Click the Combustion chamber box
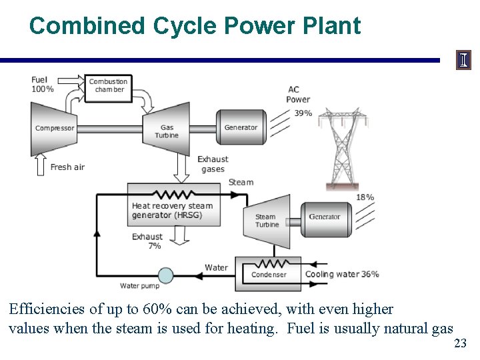pyautogui.click(x=109, y=86)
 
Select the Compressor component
pyautogui.click(x=53, y=128)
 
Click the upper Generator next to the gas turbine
pyautogui.click(x=241, y=127)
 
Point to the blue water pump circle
pyautogui.click(x=165, y=275)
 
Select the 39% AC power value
pyautogui.click(x=303, y=113)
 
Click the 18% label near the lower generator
pyautogui.click(x=365, y=197)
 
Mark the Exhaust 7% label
pyautogui.click(x=147, y=241)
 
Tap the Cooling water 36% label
pyautogui.click(x=342, y=274)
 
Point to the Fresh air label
pyautogui.click(x=67, y=167)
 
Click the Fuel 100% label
pyautogui.click(x=42, y=85)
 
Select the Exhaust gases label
pyautogui.click(x=213, y=164)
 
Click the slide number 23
pyautogui.click(x=460, y=344)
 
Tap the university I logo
pyautogui.click(x=463, y=61)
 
